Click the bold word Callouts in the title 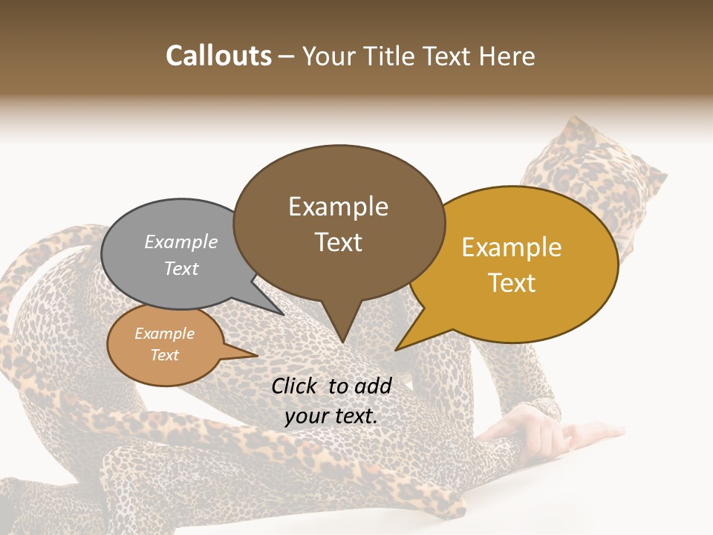218,56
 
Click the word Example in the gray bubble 181,241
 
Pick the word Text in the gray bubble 181,268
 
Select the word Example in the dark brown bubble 338,207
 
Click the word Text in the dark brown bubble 338,242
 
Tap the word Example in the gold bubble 512,247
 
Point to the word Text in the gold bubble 512,283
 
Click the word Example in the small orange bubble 164,334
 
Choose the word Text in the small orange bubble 164,355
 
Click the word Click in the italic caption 295,386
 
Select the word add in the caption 373,386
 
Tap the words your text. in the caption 331,416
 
